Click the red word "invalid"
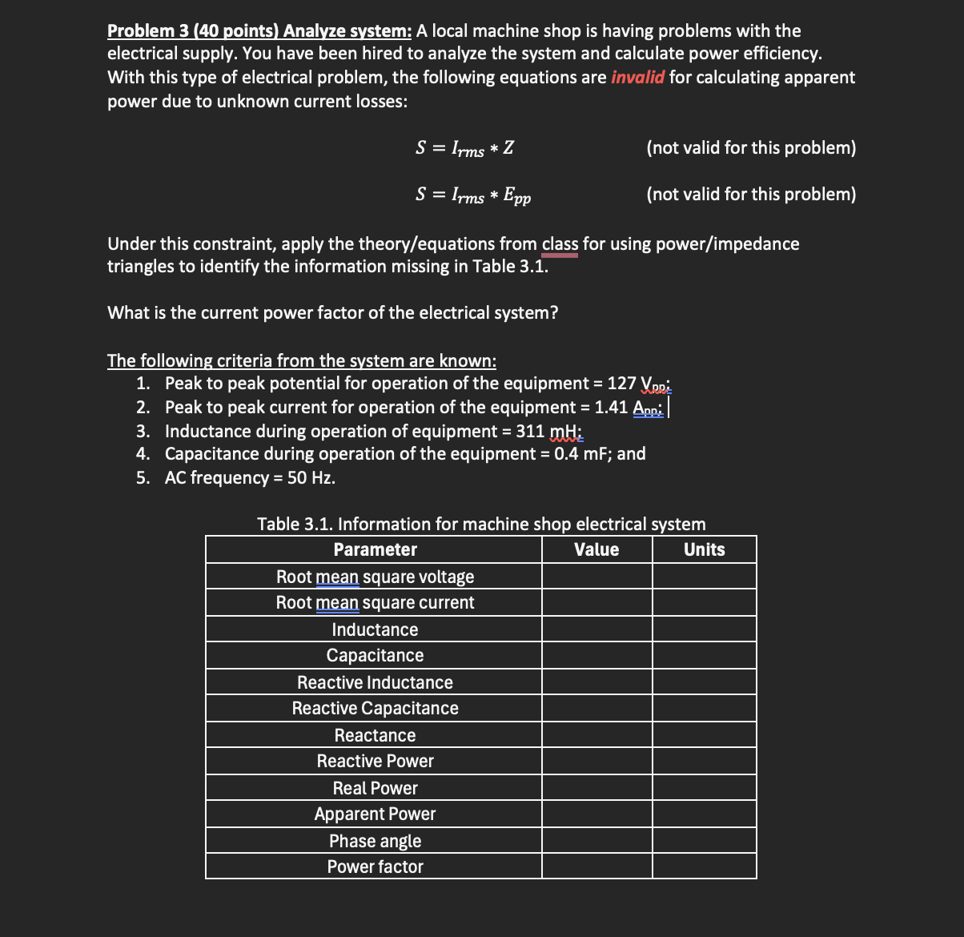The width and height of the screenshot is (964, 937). (637, 78)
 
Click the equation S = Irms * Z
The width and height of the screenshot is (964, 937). (464, 148)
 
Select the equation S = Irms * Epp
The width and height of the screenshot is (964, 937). (472, 195)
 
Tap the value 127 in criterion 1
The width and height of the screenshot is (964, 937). (621, 384)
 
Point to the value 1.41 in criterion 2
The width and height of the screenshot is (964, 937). (611, 408)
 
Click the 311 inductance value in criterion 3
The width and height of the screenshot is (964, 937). (530, 431)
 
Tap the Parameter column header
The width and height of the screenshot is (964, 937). (375, 549)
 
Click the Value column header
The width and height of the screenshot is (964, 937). (596, 549)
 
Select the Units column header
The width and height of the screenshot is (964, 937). (704, 549)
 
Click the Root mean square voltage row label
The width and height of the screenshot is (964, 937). (375, 577)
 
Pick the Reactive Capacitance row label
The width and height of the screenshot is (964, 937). (375, 708)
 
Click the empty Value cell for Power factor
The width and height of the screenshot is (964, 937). (596, 867)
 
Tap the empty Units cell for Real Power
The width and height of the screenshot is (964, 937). (704, 788)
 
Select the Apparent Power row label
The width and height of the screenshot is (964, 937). (375, 814)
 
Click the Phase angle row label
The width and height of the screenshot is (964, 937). (375, 841)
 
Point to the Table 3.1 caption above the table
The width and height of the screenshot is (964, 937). (481, 524)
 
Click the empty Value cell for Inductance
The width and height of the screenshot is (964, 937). (596, 629)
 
